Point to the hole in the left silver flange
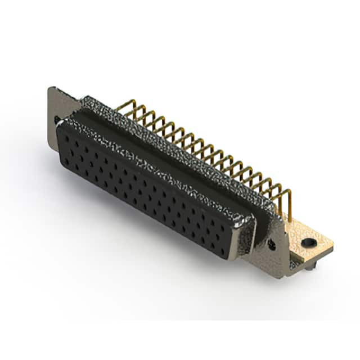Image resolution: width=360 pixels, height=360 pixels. click(57, 120)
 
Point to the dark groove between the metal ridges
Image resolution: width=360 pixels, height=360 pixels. click(169, 146)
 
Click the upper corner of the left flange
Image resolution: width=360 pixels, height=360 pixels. click(52, 88)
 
